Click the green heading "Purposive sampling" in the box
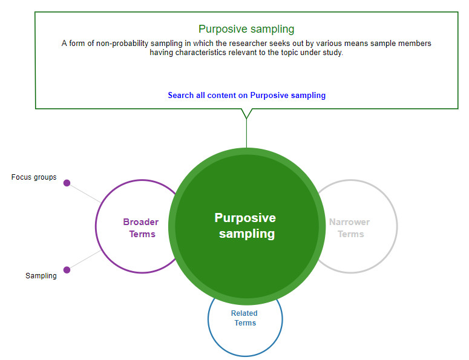246,29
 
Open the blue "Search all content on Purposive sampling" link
246,96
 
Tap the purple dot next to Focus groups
67,183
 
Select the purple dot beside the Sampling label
67,270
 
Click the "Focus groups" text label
34,177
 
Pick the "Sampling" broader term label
41,276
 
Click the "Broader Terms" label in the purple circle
141,228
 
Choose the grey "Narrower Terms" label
350,228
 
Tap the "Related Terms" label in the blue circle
244,318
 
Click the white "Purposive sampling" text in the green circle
246,226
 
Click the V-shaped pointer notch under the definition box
246,114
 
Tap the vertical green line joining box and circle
246,133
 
